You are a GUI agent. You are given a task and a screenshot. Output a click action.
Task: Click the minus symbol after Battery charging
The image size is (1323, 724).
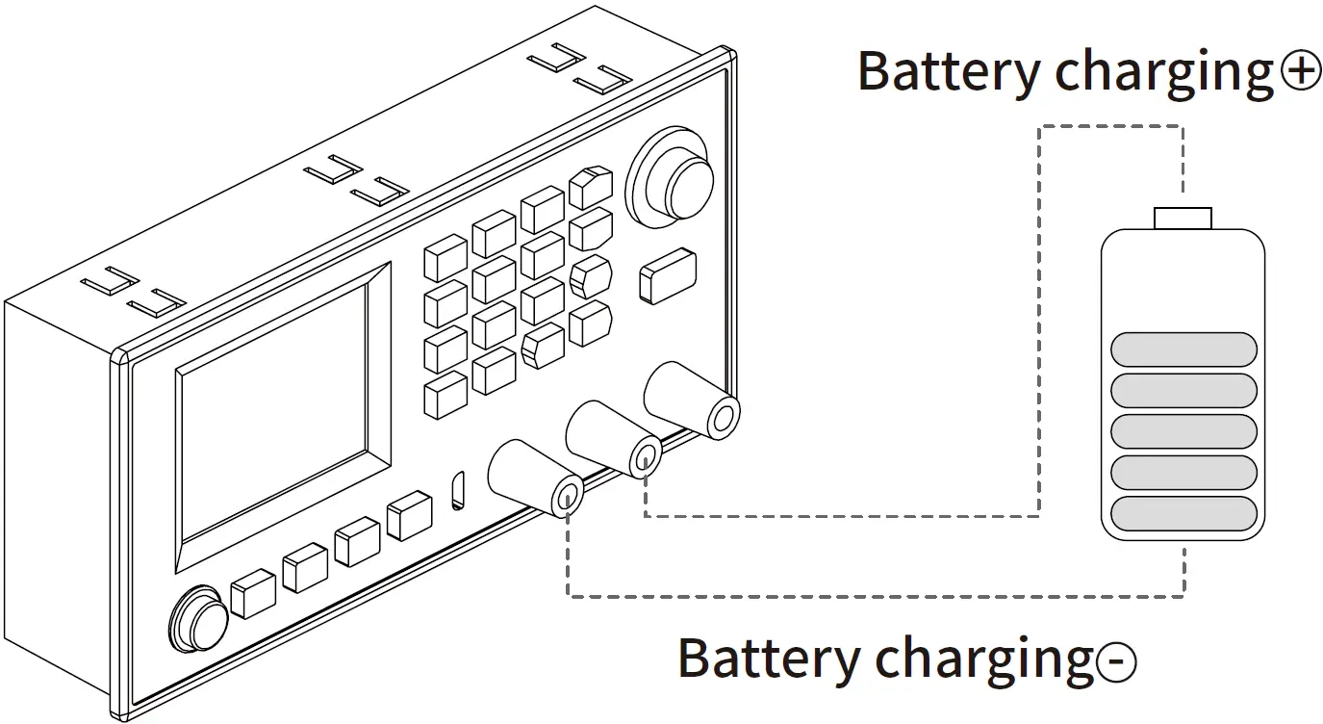click(1116, 661)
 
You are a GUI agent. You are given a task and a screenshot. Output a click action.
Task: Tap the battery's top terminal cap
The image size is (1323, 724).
click(1183, 218)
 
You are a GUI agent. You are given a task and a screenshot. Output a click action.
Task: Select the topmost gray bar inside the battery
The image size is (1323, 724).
click(1183, 349)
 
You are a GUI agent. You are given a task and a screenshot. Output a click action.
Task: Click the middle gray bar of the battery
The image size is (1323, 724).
click(1183, 430)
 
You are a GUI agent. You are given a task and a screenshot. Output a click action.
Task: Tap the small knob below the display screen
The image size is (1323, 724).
click(199, 619)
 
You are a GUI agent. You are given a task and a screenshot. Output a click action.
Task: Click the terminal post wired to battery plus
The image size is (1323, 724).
click(645, 454)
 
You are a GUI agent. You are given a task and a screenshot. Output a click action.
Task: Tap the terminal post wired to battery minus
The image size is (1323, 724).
click(568, 496)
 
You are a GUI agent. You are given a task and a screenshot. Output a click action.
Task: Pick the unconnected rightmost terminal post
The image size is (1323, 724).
click(722, 416)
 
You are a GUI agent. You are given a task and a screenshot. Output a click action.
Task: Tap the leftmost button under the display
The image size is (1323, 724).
click(254, 592)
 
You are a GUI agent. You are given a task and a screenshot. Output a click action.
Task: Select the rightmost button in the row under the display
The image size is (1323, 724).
click(408, 515)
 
